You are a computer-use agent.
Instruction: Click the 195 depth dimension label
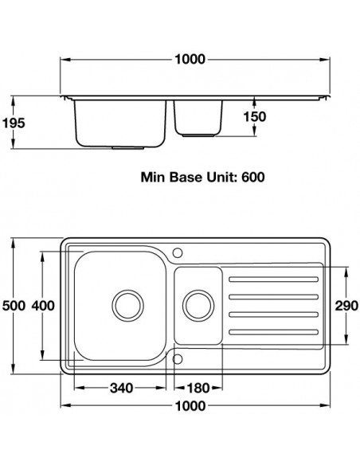click(x=14, y=123)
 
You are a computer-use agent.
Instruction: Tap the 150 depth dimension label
click(x=255, y=116)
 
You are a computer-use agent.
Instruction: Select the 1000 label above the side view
click(x=190, y=59)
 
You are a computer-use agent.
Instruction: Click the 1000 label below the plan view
click(x=190, y=406)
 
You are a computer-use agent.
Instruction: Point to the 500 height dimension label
click(x=14, y=306)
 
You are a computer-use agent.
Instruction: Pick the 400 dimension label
click(x=43, y=306)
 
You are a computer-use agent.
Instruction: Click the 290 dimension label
click(x=346, y=306)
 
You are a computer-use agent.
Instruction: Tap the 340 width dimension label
click(x=122, y=388)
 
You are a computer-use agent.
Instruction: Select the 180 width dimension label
click(x=198, y=388)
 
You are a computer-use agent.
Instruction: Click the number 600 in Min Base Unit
click(x=253, y=178)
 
